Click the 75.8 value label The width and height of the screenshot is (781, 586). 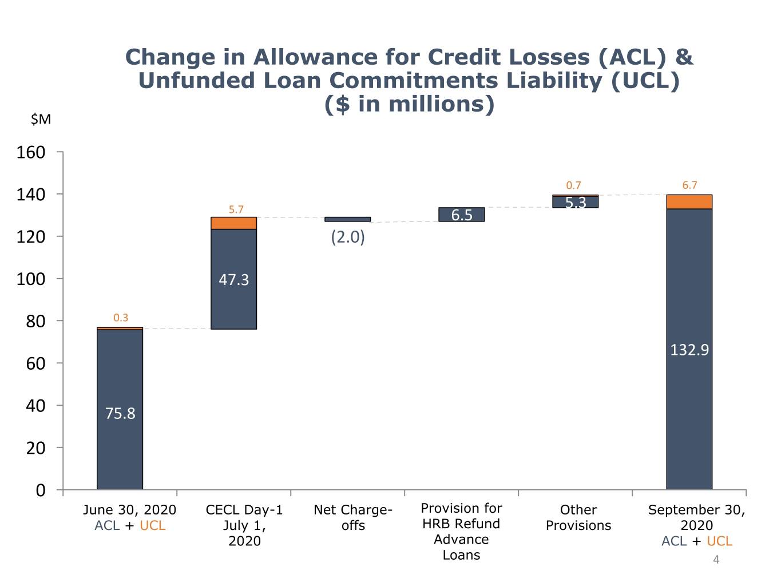pos(120,413)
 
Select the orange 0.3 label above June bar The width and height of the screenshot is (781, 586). pos(121,318)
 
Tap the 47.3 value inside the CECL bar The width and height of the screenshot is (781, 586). pos(234,280)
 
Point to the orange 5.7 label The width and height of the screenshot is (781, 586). pos(236,209)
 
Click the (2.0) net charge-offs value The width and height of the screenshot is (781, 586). pos(348,237)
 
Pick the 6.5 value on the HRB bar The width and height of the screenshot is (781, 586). pos(462,215)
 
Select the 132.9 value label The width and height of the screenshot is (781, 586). pos(689,350)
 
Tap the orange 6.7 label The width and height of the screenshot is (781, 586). pos(689,185)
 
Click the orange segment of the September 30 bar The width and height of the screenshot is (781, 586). pos(689,202)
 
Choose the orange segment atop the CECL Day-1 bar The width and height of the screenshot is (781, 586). pos(234,223)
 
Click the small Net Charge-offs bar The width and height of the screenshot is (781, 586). pos(348,219)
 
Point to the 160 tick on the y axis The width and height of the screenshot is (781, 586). pos(31,153)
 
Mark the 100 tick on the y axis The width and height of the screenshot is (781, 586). pos(31,279)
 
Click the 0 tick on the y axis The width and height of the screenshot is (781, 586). pos(41,490)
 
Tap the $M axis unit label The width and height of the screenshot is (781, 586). pos(41,119)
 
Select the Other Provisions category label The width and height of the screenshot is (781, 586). pos(578,518)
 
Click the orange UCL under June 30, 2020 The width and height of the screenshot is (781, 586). pos(153,525)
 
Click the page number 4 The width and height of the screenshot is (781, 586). pos(716,560)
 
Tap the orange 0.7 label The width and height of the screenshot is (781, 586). pos(573,185)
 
